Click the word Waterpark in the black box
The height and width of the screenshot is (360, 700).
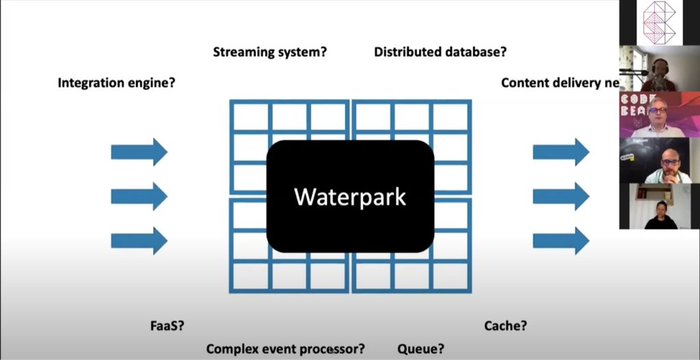coord(350,197)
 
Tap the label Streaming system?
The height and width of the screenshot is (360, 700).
coord(270,52)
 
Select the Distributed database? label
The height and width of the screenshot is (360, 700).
coord(440,52)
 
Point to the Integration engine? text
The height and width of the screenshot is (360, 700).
coord(117,83)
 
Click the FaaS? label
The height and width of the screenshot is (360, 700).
coord(167,326)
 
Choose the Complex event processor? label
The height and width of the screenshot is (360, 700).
coord(285,349)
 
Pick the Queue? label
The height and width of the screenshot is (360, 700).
coord(420,349)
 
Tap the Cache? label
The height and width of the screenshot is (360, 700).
coord(505,326)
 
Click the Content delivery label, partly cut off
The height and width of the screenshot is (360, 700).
coord(559,83)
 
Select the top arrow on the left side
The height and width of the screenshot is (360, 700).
coord(139,152)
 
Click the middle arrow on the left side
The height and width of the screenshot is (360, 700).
coord(139,196)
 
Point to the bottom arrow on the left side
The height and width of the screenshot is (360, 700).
coord(139,240)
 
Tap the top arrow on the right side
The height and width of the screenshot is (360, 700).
coord(561,152)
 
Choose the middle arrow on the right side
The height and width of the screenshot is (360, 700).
coord(561,196)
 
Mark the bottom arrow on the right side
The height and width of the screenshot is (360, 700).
coord(561,240)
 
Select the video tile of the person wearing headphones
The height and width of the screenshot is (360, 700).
coord(659,68)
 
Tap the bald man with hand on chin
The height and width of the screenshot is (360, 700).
coord(659,161)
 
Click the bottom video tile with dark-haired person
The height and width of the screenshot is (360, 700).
coord(659,206)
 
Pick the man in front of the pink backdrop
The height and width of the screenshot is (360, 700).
coord(659,115)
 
